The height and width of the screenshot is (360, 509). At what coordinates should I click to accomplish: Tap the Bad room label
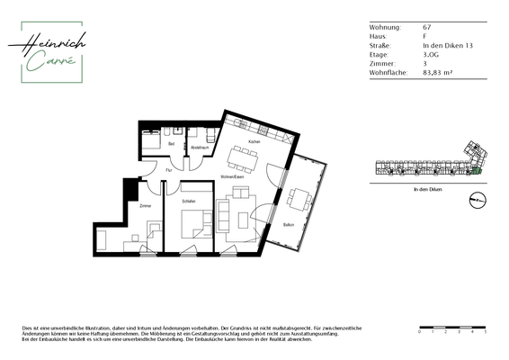coord(171,143)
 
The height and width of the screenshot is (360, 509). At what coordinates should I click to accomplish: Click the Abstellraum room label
coord(200,143)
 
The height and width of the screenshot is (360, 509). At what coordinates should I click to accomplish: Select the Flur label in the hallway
coord(168,169)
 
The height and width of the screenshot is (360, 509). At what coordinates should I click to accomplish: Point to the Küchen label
coord(254,142)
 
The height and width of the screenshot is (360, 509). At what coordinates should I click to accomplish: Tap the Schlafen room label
coord(188,202)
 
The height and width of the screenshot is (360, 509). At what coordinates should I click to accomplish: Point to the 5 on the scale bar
coord(486,332)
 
